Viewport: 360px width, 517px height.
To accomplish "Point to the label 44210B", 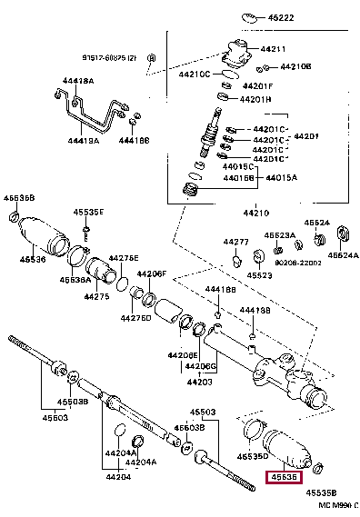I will (295, 66).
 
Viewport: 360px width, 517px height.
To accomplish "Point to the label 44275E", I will (123, 258).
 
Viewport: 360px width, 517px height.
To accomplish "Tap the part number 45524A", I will (343, 255).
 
